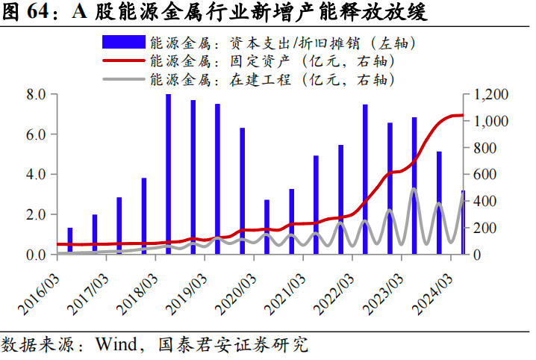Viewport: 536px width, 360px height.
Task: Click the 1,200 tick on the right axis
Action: click(x=490, y=95)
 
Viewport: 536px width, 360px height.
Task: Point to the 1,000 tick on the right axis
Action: click(x=490, y=121)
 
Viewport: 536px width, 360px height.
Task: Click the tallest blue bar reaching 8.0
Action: click(x=168, y=174)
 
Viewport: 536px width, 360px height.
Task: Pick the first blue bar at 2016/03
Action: click(x=70, y=240)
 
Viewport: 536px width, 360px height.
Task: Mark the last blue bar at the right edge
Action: click(x=463, y=223)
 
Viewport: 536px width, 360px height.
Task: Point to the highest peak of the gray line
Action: click(x=414, y=189)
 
